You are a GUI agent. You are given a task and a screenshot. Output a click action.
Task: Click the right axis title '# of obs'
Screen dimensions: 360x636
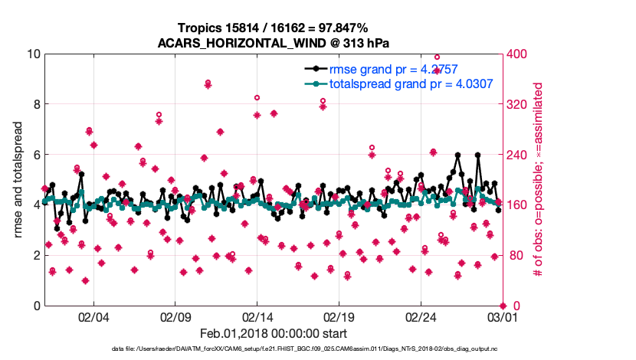tap(539, 179)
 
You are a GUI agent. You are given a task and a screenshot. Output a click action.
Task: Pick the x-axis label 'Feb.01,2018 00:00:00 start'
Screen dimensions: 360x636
tap(274, 334)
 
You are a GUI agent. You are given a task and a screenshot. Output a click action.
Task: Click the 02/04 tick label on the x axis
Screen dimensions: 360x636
tap(93, 316)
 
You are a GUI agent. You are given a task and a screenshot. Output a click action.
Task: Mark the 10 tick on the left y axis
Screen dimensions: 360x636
tap(33, 54)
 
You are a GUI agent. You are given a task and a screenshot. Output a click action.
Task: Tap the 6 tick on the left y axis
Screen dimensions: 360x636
tap(36, 155)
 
